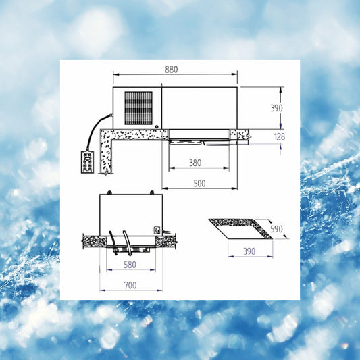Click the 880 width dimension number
[x=172, y=70]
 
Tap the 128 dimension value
[x=280, y=136]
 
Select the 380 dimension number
[x=195, y=163]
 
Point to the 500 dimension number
[x=199, y=184]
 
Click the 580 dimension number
[x=130, y=265]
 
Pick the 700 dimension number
[x=130, y=286]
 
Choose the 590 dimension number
[x=276, y=229]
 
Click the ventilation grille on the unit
[x=138, y=108]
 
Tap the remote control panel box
[x=87, y=161]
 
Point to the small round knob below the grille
[x=157, y=126]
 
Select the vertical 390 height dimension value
[x=276, y=108]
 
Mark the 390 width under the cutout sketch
[x=249, y=251]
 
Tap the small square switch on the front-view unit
[x=157, y=230]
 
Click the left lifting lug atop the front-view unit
[x=110, y=192]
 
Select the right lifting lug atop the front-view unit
[x=152, y=192]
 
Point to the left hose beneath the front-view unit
[x=113, y=242]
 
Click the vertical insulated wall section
[x=106, y=156]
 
